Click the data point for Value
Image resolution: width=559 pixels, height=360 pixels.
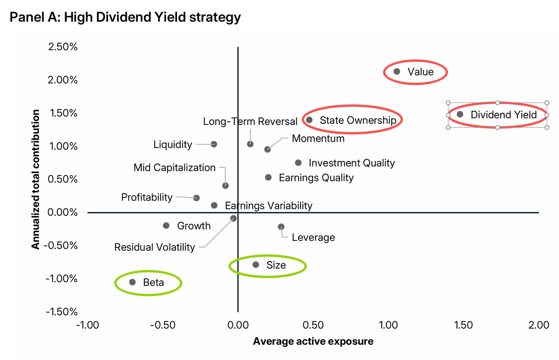pyautogui.click(x=397, y=71)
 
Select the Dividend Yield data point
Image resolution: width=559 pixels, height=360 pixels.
pyautogui.click(x=460, y=114)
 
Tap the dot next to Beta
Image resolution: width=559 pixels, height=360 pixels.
pyautogui.click(x=132, y=282)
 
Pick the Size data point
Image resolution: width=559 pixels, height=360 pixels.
pyautogui.click(x=256, y=265)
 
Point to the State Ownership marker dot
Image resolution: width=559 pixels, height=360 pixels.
pyautogui.click(x=309, y=120)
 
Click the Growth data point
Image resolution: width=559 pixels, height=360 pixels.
pyautogui.click(x=166, y=226)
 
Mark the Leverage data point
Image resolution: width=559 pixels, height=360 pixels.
pyautogui.click(x=281, y=227)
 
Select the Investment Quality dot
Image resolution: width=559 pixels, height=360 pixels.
pyautogui.click(x=298, y=163)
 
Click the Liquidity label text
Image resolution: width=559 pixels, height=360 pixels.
pyautogui.click(x=173, y=144)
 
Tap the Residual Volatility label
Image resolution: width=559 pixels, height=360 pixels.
pyautogui.click(x=155, y=247)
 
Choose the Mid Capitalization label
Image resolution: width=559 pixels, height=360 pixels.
pyautogui.click(x=174, y=167)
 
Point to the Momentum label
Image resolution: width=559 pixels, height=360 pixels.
pyautogui.click(x=318, y=139)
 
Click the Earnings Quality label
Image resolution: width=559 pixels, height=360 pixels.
pyautogui.click(x=316, y=178)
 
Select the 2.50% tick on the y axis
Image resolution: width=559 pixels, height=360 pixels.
pyautogui.click(x=63, y=47)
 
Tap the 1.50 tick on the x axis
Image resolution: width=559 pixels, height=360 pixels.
pyautogui.click(x=464, y=325)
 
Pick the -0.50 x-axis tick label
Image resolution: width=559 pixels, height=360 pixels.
pyautogui.click(x=163, y=325)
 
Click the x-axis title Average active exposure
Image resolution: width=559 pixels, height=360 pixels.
pyautogui.click(x=313, y=341)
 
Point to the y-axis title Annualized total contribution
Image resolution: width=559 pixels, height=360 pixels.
pyautogui.click(x=36, y=179)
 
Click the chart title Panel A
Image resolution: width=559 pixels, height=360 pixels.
pyautogui.click(x=125, y=17)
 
